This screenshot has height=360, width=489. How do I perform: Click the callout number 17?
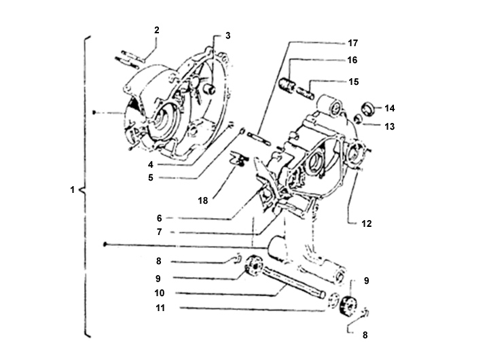[x=352, y=43]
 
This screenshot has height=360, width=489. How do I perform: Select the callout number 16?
[x=352, y=60]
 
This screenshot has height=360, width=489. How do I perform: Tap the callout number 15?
[x=354, y=82]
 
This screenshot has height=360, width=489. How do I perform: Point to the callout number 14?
[x=390, y=108]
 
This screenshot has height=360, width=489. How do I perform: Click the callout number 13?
[x=390, y=126]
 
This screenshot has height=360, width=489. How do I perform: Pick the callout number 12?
[x=367, y=223]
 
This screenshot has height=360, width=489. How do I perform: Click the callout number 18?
[x=202, y=200]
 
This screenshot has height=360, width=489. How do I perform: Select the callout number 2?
[x=157, y=30]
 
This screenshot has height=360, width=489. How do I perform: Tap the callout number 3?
[x=228, y=35]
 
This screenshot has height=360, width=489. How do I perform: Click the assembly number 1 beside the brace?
[x=73, y=190]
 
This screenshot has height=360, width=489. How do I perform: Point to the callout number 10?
[x=160, y=293]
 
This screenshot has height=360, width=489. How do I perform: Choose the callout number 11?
[x=160, y=308]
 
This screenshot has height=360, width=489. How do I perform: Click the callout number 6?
[x=160, y=218]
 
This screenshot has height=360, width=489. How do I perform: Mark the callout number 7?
[x=160, y=232]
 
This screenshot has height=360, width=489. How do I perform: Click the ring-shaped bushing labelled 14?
[x=367, y=108]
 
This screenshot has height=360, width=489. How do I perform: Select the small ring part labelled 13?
[x=359, y=119]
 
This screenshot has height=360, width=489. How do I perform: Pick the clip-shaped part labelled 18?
[x=238, y=158]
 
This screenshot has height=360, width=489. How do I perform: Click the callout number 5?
[x=151, y=178]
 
